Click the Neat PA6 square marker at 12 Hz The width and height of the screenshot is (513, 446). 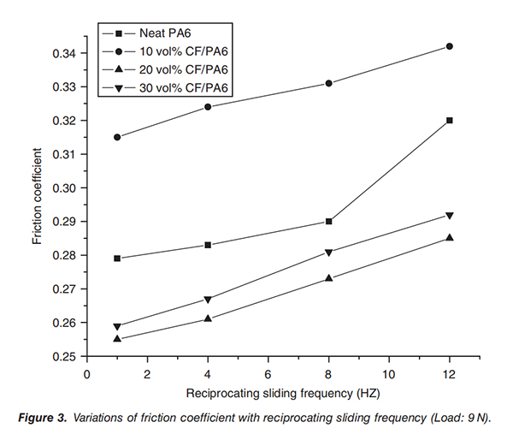450,121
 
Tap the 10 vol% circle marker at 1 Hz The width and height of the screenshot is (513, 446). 117,137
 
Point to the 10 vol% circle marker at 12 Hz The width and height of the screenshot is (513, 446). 450,46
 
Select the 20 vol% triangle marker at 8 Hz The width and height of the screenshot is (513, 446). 329,278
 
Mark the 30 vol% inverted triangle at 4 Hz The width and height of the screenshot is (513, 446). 208,299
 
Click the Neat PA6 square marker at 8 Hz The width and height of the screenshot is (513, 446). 329,222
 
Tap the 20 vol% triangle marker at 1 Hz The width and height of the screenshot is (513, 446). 117,339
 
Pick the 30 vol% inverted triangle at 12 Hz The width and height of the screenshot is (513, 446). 450,215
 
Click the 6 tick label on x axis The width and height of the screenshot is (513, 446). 268,373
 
